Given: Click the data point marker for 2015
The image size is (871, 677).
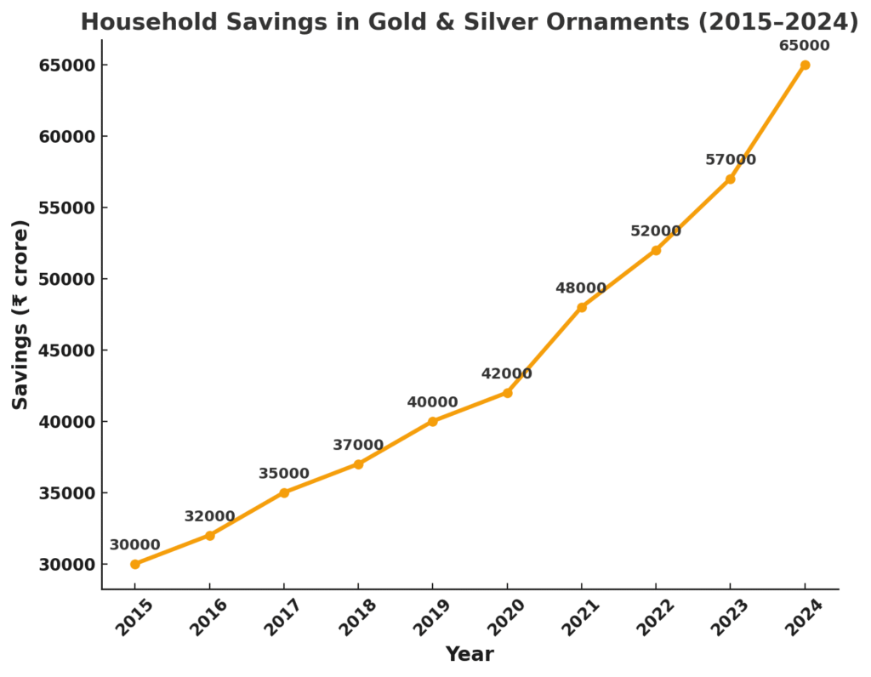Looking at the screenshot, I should click(135, 564).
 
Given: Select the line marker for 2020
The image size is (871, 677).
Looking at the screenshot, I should click(507, 393).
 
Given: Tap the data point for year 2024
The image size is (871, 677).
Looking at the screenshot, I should click(805, 65).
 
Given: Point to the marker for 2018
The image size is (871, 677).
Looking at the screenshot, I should click(358, 464).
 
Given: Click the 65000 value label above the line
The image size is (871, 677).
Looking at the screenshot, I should click(805, 45).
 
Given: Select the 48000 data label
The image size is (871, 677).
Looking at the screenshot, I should click(581, 288).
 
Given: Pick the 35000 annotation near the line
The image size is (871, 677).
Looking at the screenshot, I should click(284, 474).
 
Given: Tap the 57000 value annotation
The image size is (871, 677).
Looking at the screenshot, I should click(730, 160).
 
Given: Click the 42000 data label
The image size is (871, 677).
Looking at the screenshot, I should click(506, 373).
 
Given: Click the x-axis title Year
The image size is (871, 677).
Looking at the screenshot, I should click(470, 654).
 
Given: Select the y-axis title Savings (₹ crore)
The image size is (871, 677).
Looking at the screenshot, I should click(20, 315).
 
